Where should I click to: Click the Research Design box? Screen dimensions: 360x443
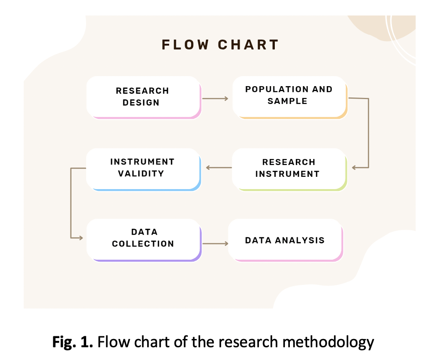[143, 97]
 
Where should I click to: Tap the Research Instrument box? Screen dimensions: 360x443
[289, 168]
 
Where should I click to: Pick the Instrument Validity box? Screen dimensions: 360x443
[143, 168]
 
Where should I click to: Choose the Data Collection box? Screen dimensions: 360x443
[143, 239]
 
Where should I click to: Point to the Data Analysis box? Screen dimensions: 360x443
[285, 240]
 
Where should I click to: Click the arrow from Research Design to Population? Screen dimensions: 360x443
[215, 98]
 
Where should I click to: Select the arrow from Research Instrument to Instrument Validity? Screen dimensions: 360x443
[218, 168]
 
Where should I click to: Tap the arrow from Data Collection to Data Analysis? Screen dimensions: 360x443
[215, 244]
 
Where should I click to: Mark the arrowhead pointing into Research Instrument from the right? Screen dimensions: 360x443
[354, 168]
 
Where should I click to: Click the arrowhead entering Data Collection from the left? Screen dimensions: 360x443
[81, 238]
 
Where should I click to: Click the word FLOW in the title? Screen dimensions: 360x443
[185, 45]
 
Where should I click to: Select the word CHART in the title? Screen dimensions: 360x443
[248, 45]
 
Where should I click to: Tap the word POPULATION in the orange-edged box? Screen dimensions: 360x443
[268, 89]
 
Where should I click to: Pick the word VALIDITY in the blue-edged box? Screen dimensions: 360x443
[141, 174]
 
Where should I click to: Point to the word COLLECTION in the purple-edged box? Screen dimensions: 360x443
[143, 244]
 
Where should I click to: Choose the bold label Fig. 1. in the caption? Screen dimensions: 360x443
[72, 341]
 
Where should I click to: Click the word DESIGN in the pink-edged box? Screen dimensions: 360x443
[141, 103]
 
